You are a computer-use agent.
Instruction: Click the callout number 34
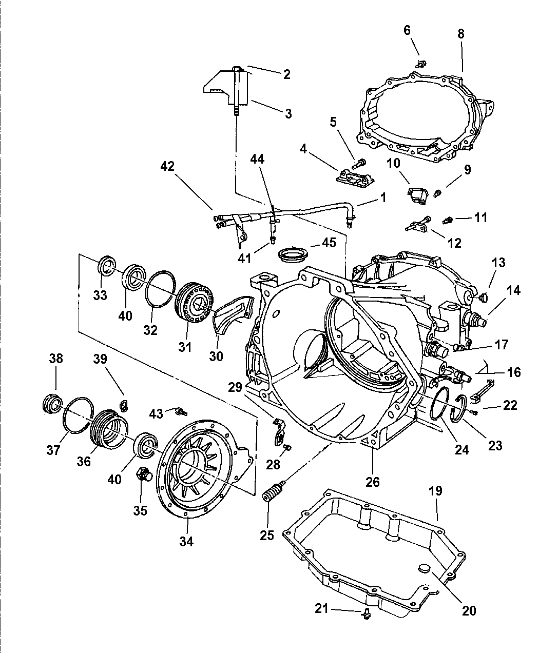pos(186,541)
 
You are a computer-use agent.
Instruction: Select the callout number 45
pos(329,242)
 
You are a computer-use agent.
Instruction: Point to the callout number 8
pos(460,34)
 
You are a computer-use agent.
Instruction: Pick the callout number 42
pos(168,166)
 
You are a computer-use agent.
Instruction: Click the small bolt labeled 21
pos(366,612)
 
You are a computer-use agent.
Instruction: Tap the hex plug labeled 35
pos(143,474)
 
